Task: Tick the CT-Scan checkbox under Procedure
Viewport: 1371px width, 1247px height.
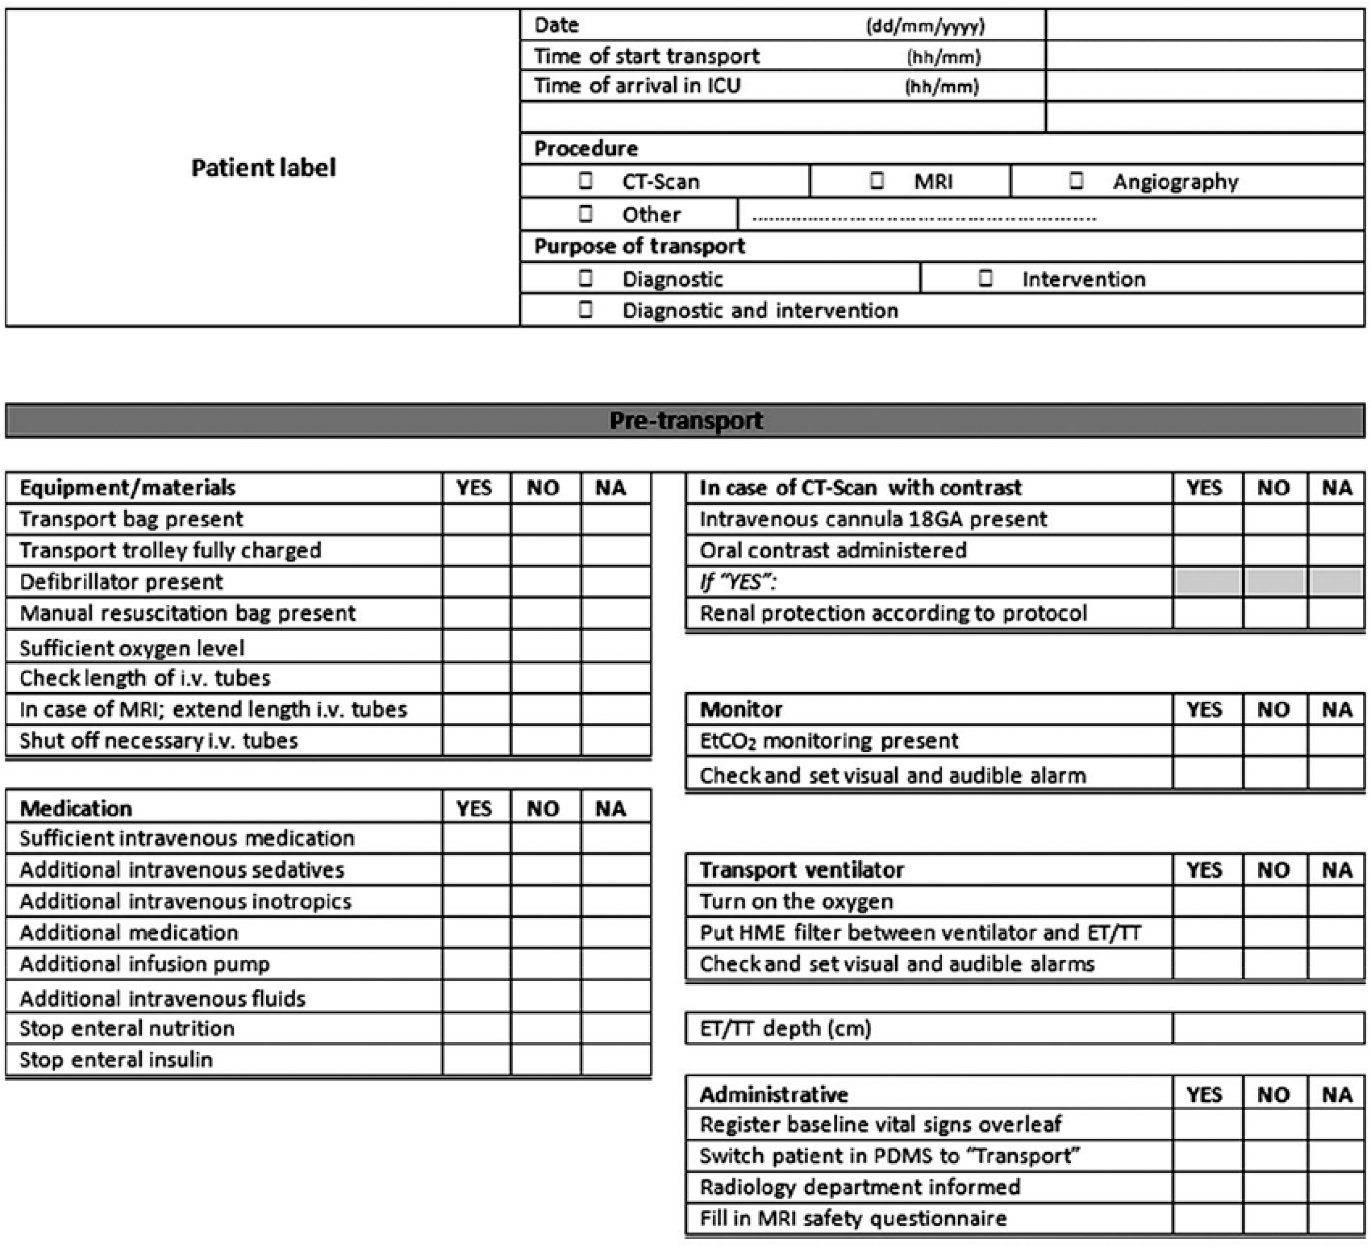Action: [x=585, y=181]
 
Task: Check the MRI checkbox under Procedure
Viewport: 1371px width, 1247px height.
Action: [x=876, y=181]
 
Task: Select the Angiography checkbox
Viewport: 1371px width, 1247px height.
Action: [x=1076, y=181]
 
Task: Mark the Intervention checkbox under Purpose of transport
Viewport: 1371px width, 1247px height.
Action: [x=985, y=278]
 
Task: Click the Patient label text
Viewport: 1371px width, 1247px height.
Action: [x=263, y=167]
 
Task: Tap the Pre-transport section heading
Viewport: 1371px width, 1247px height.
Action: [x=685, y=421]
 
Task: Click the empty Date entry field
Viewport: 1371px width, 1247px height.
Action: [x=1205, y=25]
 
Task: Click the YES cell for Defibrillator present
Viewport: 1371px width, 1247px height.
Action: [x=476, y=582]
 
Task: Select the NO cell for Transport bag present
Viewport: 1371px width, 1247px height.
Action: [x=545, y=519]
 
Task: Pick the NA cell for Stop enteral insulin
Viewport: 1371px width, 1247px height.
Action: [x=616, y=1059]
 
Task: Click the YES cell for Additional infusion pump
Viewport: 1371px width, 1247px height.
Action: [x=476, y=964]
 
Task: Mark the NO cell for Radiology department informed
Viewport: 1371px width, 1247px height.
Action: [x=1275, y=1187]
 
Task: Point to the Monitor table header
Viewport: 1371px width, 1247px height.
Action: [x=741, y=710]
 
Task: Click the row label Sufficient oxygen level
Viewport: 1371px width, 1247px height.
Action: [x=132, y=648]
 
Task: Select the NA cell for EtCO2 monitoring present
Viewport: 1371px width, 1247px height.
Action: [x=1336, y=741]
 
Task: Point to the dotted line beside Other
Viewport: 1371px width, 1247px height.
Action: [x=923, y=218]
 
